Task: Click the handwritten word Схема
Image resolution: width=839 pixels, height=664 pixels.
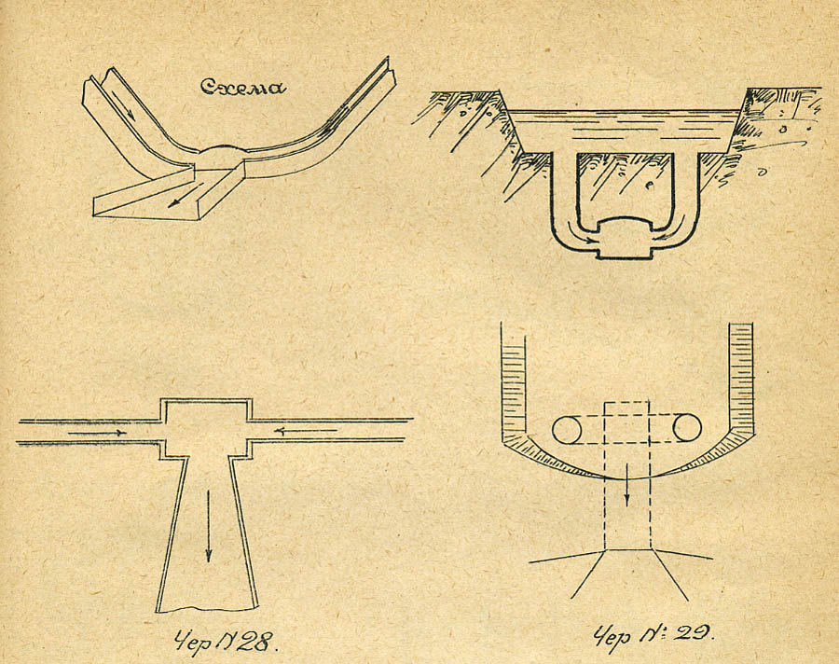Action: tap(243, 87)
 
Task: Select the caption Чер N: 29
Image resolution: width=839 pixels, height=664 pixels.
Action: tap(653, 636)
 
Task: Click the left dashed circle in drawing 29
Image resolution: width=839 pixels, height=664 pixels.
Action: tap(567, 429)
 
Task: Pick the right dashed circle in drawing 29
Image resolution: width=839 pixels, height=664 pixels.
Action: tap(687, 428)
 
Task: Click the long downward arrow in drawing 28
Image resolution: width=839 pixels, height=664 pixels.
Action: tap(208, 526)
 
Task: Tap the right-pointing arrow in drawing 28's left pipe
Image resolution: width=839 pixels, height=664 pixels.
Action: tap(97, 433)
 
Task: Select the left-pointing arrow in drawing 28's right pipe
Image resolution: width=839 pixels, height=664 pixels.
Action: tap(305, 430)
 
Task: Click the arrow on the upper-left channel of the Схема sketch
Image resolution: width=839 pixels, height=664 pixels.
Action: tap(122, 104)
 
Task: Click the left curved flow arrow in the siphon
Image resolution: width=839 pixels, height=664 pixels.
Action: tap(580, 234)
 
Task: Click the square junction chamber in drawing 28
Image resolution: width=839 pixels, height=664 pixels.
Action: tap(206, 428)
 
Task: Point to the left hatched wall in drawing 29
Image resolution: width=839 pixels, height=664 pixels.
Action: tap(513, 394)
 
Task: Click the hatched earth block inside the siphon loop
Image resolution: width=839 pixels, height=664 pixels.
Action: tap(626, 187)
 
